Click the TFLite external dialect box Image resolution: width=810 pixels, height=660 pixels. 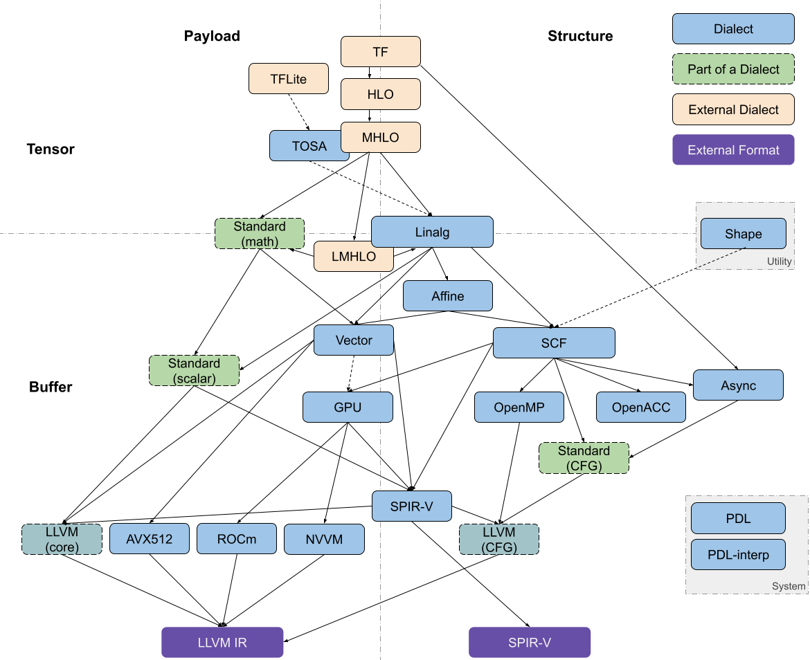pos(288,79)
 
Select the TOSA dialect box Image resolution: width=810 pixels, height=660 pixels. pos(305,146)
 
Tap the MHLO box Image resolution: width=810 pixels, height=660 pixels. pos(381,137)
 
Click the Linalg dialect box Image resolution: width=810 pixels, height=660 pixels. pos(432,232)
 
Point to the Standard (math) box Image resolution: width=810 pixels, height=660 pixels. pos(260,234)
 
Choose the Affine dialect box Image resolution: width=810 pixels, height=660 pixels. pos(448,296)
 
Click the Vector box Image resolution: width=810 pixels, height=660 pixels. pos(354,340)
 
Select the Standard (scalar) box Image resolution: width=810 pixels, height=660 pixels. pos(194,371)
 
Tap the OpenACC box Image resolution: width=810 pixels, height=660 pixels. pos(641,407)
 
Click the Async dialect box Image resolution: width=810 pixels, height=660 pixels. pos(738,385)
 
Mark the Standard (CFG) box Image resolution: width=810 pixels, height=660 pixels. pos(584,458)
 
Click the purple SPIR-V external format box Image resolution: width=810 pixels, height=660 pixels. pos(530,642)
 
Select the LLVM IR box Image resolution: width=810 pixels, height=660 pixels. pos(222,642)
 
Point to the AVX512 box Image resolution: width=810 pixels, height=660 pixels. pos(150,539)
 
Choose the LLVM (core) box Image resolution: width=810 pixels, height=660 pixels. pos(62,539)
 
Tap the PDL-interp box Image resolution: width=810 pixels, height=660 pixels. pos(738,554)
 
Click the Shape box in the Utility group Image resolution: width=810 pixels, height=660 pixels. pos(743,234)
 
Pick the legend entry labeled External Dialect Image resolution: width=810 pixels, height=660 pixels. pos(733,109)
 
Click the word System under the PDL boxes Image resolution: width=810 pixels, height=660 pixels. pos(789,586)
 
